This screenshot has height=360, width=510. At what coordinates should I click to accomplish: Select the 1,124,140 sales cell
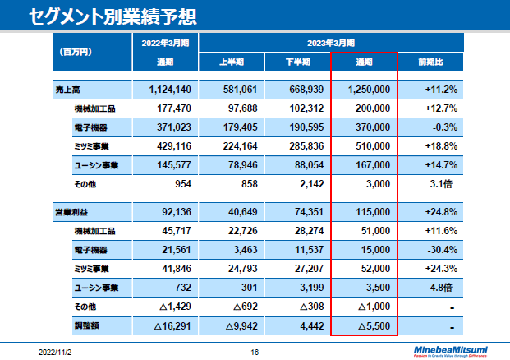(x=171, y=89)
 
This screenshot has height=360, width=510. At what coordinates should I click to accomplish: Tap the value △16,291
(x=173, y=326)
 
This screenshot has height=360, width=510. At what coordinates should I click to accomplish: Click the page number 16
(x=255, y=351)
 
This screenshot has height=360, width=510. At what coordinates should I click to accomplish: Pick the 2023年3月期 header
(x=331, y=42)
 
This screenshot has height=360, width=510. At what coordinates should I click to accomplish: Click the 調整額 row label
(x=86, y=326)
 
